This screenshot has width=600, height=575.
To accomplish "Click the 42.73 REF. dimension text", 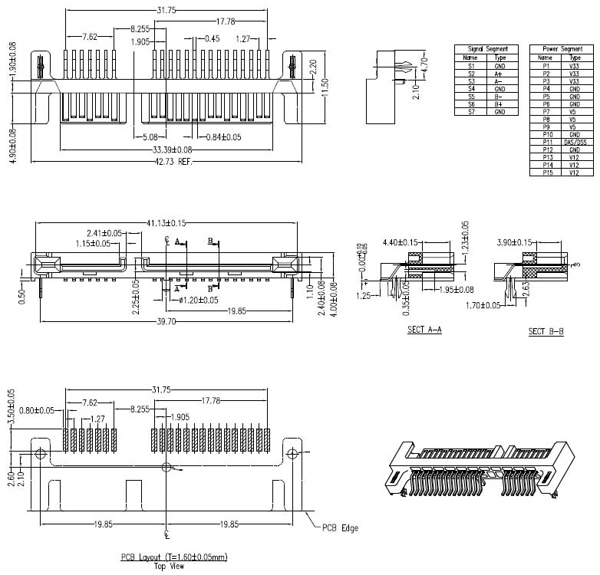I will click(173, 162).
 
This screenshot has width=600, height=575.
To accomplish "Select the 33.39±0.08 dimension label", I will click(173, 149).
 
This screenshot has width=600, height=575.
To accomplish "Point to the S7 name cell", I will click(471, 112).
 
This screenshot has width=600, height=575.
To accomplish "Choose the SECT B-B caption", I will click(546, 331).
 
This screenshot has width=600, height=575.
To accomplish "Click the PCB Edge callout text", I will click(340, 528).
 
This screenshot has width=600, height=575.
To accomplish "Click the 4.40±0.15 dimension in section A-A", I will click(402, 242).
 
